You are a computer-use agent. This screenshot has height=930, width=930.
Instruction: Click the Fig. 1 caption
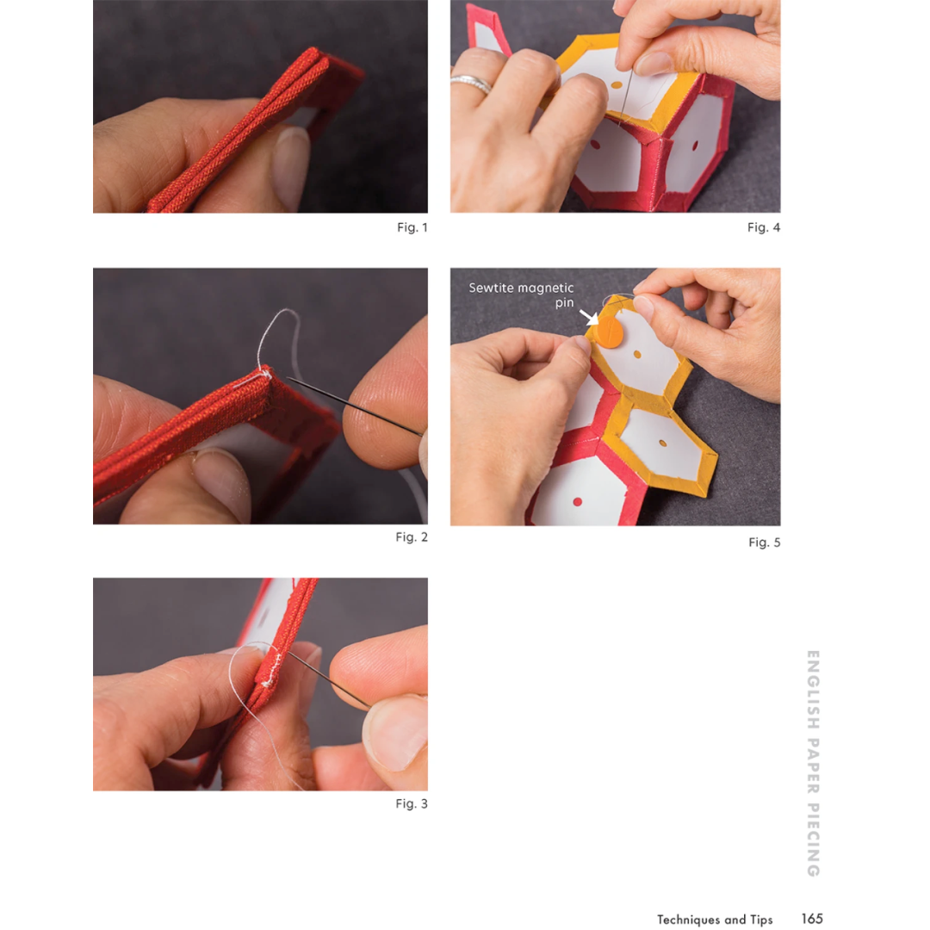click(x=412, y=227)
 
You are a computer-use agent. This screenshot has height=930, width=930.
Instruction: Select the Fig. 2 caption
click(x=412, y=536)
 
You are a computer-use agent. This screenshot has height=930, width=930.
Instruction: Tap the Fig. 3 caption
click(x=412, y=803)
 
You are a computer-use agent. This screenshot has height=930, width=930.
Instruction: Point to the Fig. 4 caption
click(x=764, y=227)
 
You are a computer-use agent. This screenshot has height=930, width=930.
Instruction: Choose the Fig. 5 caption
click(x=765, y=542)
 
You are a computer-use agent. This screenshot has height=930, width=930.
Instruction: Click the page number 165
click(x=812, y=919)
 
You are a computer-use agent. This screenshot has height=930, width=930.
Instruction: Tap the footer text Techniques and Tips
click(x=715, y=920)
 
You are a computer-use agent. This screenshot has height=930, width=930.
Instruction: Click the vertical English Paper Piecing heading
click(x=813, y=763)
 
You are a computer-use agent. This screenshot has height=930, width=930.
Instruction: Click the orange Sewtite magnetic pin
click(x=609, y=332)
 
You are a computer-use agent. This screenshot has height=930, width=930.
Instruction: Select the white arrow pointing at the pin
click(x=589, y=317)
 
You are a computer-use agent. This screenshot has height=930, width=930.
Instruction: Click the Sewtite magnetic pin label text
click(x=521, y=294)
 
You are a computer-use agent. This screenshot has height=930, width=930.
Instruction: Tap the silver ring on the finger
click(x=471, y=84)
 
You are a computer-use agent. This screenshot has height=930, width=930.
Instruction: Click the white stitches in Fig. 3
click(x=272, y=668)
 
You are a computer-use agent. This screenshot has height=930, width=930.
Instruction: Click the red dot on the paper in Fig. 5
click(x=577, y=502)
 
